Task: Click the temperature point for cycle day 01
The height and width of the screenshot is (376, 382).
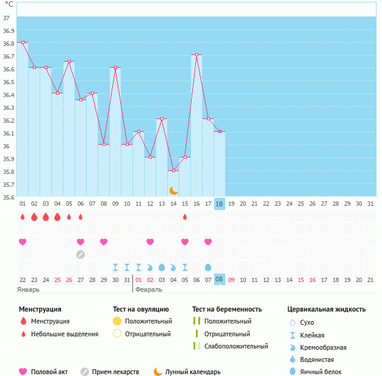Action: tap(23, 43)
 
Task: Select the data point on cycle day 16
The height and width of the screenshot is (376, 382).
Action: tap(196, 55)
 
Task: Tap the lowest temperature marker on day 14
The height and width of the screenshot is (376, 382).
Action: tap(173, 171)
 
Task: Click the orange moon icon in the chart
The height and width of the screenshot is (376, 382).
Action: tap(174, 190)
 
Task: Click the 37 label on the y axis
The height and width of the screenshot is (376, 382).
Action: tap(6, 18)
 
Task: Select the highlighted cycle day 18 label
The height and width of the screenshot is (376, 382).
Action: tap(220, 204)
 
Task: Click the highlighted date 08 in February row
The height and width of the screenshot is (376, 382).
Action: tap(220, 280)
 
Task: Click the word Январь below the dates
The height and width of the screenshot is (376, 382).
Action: tap(28, 289)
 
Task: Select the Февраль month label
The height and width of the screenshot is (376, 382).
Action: tap(148, 289)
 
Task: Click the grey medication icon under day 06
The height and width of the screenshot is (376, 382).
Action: tap(81, 254)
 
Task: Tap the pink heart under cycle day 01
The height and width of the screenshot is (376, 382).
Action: tap(23, 242)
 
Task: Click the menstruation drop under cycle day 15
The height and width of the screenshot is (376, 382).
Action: tap(185, 217)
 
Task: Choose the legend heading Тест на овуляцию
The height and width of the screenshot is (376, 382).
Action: tap(141, 309)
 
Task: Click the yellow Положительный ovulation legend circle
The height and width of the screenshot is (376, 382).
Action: tap(117, 321)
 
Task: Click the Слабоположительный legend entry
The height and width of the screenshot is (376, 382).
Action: tap(236, 347)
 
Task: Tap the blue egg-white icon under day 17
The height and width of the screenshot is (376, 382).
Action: tap(208, 267)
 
